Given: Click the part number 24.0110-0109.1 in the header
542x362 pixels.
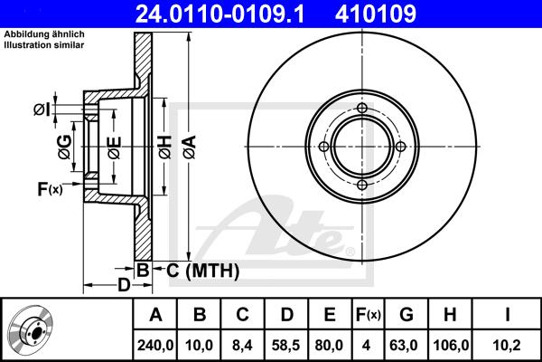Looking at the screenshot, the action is tap(220, 14).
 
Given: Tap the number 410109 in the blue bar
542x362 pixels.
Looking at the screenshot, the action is tap(376, 14).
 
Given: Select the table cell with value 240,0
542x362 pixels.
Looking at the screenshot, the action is tap(155, 346).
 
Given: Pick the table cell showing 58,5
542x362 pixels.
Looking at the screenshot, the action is tap(286, 346).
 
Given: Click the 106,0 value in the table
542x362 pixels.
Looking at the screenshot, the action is tap(451, 346).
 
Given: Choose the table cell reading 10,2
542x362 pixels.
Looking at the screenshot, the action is tap(507, 346).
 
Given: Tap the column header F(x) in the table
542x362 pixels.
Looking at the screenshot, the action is tap(369, 315).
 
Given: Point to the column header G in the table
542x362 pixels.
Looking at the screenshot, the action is tap(406, 315).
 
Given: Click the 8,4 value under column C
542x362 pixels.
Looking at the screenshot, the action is tap(243, 346).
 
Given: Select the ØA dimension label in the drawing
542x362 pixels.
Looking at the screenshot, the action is tap(190, 148).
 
